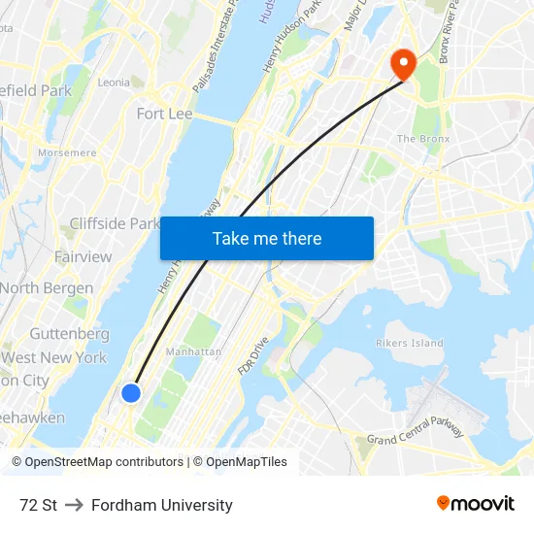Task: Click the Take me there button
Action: tap(267, 238)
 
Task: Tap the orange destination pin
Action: tap(402, 64)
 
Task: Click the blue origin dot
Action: tap(131, 392)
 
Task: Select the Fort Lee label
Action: tap(164, 114)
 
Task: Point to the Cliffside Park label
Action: tap(114, 223)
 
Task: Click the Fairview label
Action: tap(83, 256)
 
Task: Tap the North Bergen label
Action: tap(47, 288)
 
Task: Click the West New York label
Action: tap(54, 357)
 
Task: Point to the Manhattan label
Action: tap(193, 351)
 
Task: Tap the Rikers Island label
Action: tap(409, 343)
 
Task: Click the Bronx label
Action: tap(423, 139)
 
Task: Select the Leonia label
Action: tap(114, 83)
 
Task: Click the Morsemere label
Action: tap(66, 152)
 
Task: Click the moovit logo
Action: tap(475, 504)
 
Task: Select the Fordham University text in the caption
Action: tap(162, 505)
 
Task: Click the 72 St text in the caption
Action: tap(38, 505)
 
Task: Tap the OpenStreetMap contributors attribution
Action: tap(103, 462)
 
